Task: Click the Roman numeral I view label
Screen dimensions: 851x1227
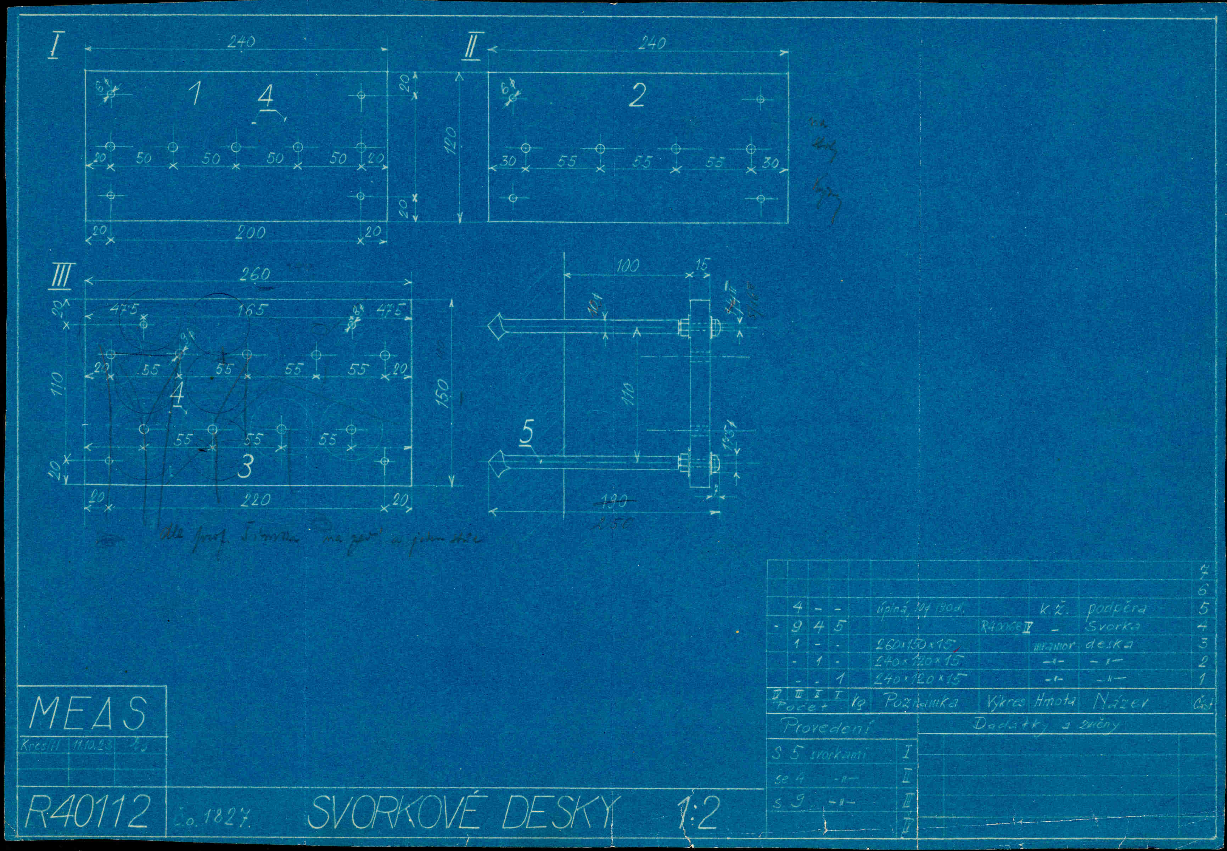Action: click(x=54, y=47)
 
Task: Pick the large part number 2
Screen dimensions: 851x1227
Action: click(x=637, y=95)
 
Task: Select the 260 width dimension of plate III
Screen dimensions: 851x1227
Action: click(x=254, y=275)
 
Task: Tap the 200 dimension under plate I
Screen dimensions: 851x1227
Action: click(x=250, y=232)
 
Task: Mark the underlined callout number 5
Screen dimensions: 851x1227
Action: click(x=527, y=432)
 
